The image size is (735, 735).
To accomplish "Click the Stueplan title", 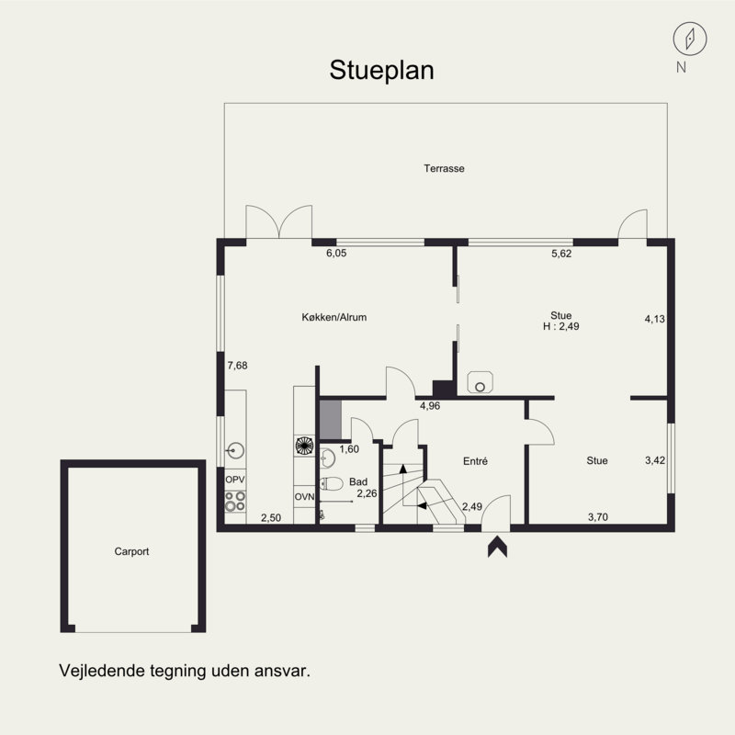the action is point(381,71).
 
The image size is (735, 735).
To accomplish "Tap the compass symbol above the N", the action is point(690,39).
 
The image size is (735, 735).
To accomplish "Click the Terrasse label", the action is point(444,168).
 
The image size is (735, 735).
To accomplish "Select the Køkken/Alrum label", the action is point(334,317).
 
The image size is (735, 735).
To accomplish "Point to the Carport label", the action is point(131,551).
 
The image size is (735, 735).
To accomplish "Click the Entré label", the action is point(475,461).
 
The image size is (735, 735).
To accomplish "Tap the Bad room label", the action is point(358,481).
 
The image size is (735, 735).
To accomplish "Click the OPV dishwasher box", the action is point(235,480).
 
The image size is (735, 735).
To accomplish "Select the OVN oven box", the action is point(304,496).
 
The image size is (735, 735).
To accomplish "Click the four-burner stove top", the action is point(235,501).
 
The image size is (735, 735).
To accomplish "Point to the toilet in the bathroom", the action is point(332,483).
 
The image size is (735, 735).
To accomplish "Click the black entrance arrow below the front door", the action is point(497,547).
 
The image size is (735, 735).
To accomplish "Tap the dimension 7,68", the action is point(238,366).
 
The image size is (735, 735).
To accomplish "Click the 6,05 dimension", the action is point(336,254).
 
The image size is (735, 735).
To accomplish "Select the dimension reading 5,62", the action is point(561,254).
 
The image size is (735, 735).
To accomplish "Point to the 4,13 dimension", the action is point(655,319).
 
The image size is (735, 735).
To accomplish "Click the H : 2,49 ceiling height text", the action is point(561,326).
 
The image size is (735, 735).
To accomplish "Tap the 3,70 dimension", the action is point(598,517).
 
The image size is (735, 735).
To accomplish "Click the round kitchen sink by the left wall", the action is point(236,451).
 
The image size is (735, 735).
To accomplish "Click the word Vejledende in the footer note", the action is point(102,671).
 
